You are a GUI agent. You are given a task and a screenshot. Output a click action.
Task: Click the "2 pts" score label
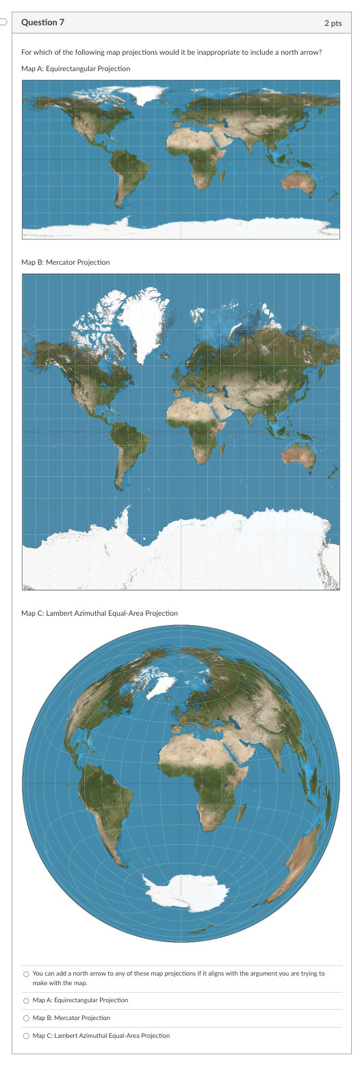(x=333, y=23)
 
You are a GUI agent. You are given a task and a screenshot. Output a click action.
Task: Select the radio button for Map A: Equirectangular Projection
(x=26, y=1000)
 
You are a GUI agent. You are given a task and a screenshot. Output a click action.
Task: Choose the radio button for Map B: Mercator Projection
(x=26, y=1018)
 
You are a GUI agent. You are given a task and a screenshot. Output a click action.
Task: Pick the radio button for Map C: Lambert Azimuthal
(x=26, y=1036)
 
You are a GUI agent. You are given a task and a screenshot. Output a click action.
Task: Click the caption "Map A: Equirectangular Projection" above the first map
(x=75, y=69)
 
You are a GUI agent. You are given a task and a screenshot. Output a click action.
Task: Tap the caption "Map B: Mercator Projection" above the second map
(x=65, y=263)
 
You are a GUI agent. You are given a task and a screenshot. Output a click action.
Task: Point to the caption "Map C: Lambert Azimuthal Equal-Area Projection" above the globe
(x=99, y=613)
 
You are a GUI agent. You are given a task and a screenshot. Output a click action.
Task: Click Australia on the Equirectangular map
(x=298, y=180)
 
